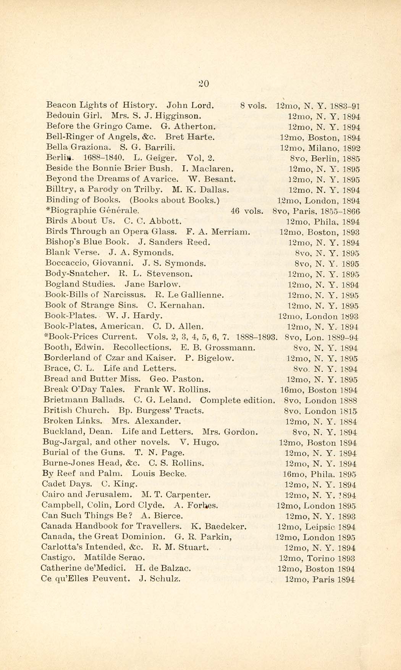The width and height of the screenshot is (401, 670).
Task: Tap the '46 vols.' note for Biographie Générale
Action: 247,210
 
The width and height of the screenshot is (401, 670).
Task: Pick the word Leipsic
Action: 320,527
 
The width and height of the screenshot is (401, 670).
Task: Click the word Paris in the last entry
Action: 323,580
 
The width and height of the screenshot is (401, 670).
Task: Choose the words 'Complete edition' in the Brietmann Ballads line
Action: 237,400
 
